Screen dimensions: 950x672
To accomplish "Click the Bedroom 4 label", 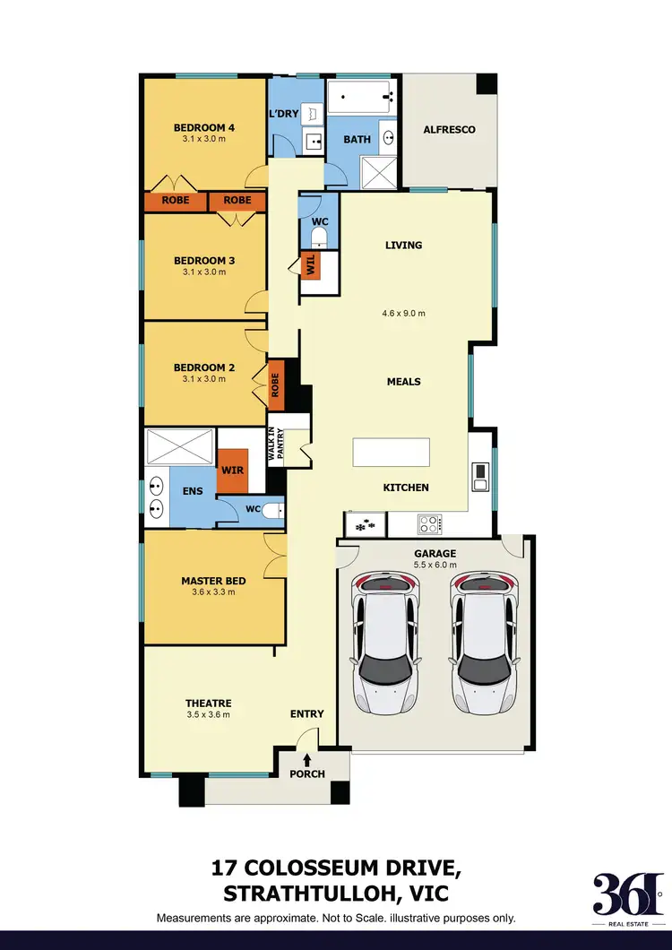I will click(203, 128).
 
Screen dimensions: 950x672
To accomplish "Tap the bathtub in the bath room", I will click(362, 97).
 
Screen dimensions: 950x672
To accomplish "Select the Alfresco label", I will click(448, 130).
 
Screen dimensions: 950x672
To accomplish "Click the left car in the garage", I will click(385, 643).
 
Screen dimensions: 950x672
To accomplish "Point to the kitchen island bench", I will click(391, 453).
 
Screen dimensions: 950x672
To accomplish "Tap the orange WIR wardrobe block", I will click(232, 470).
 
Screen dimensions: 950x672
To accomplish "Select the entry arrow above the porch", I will click(306, 760).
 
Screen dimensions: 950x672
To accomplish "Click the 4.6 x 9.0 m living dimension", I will click(403, 314).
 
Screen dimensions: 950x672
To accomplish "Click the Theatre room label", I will click(208, 704).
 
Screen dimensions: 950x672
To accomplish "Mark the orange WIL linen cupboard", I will click(310, 265).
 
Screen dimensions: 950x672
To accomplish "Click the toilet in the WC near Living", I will click(318, 236).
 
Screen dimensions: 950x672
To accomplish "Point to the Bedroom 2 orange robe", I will click(276, 380).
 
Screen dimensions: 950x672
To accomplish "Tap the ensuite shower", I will click(180, 446).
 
